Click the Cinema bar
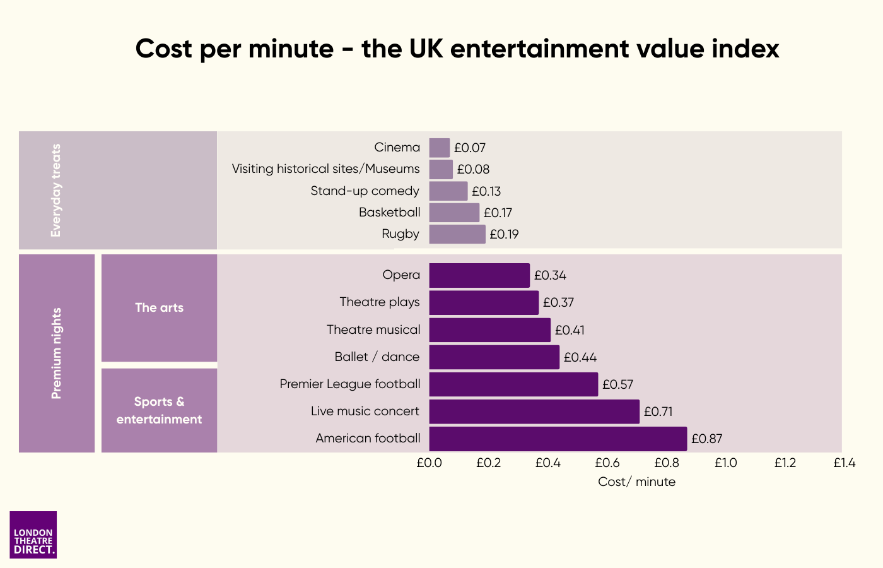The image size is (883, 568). [440, 148]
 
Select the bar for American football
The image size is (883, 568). [558, 439]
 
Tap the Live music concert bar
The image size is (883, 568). [534, 411]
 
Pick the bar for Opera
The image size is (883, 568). [479, 275]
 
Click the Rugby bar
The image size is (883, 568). [457, 234]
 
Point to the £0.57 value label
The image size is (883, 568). [617, 384]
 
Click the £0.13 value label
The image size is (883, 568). [486, 191]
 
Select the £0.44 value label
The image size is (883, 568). [580, 357]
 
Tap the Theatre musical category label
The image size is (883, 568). [373, 329]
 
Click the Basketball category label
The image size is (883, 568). [389, 212]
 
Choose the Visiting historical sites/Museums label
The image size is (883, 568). [325, 169]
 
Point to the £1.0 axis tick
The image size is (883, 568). [726, 463]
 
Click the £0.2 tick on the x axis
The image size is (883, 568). [488, 463]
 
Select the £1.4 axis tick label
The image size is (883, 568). [844, 463]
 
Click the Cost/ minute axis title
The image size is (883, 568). [636, 482]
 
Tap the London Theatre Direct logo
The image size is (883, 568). [33, 535]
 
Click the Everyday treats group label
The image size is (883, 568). [56, 191]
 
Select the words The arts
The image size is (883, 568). [159, 307]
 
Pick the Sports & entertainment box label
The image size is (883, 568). [159, 410]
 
